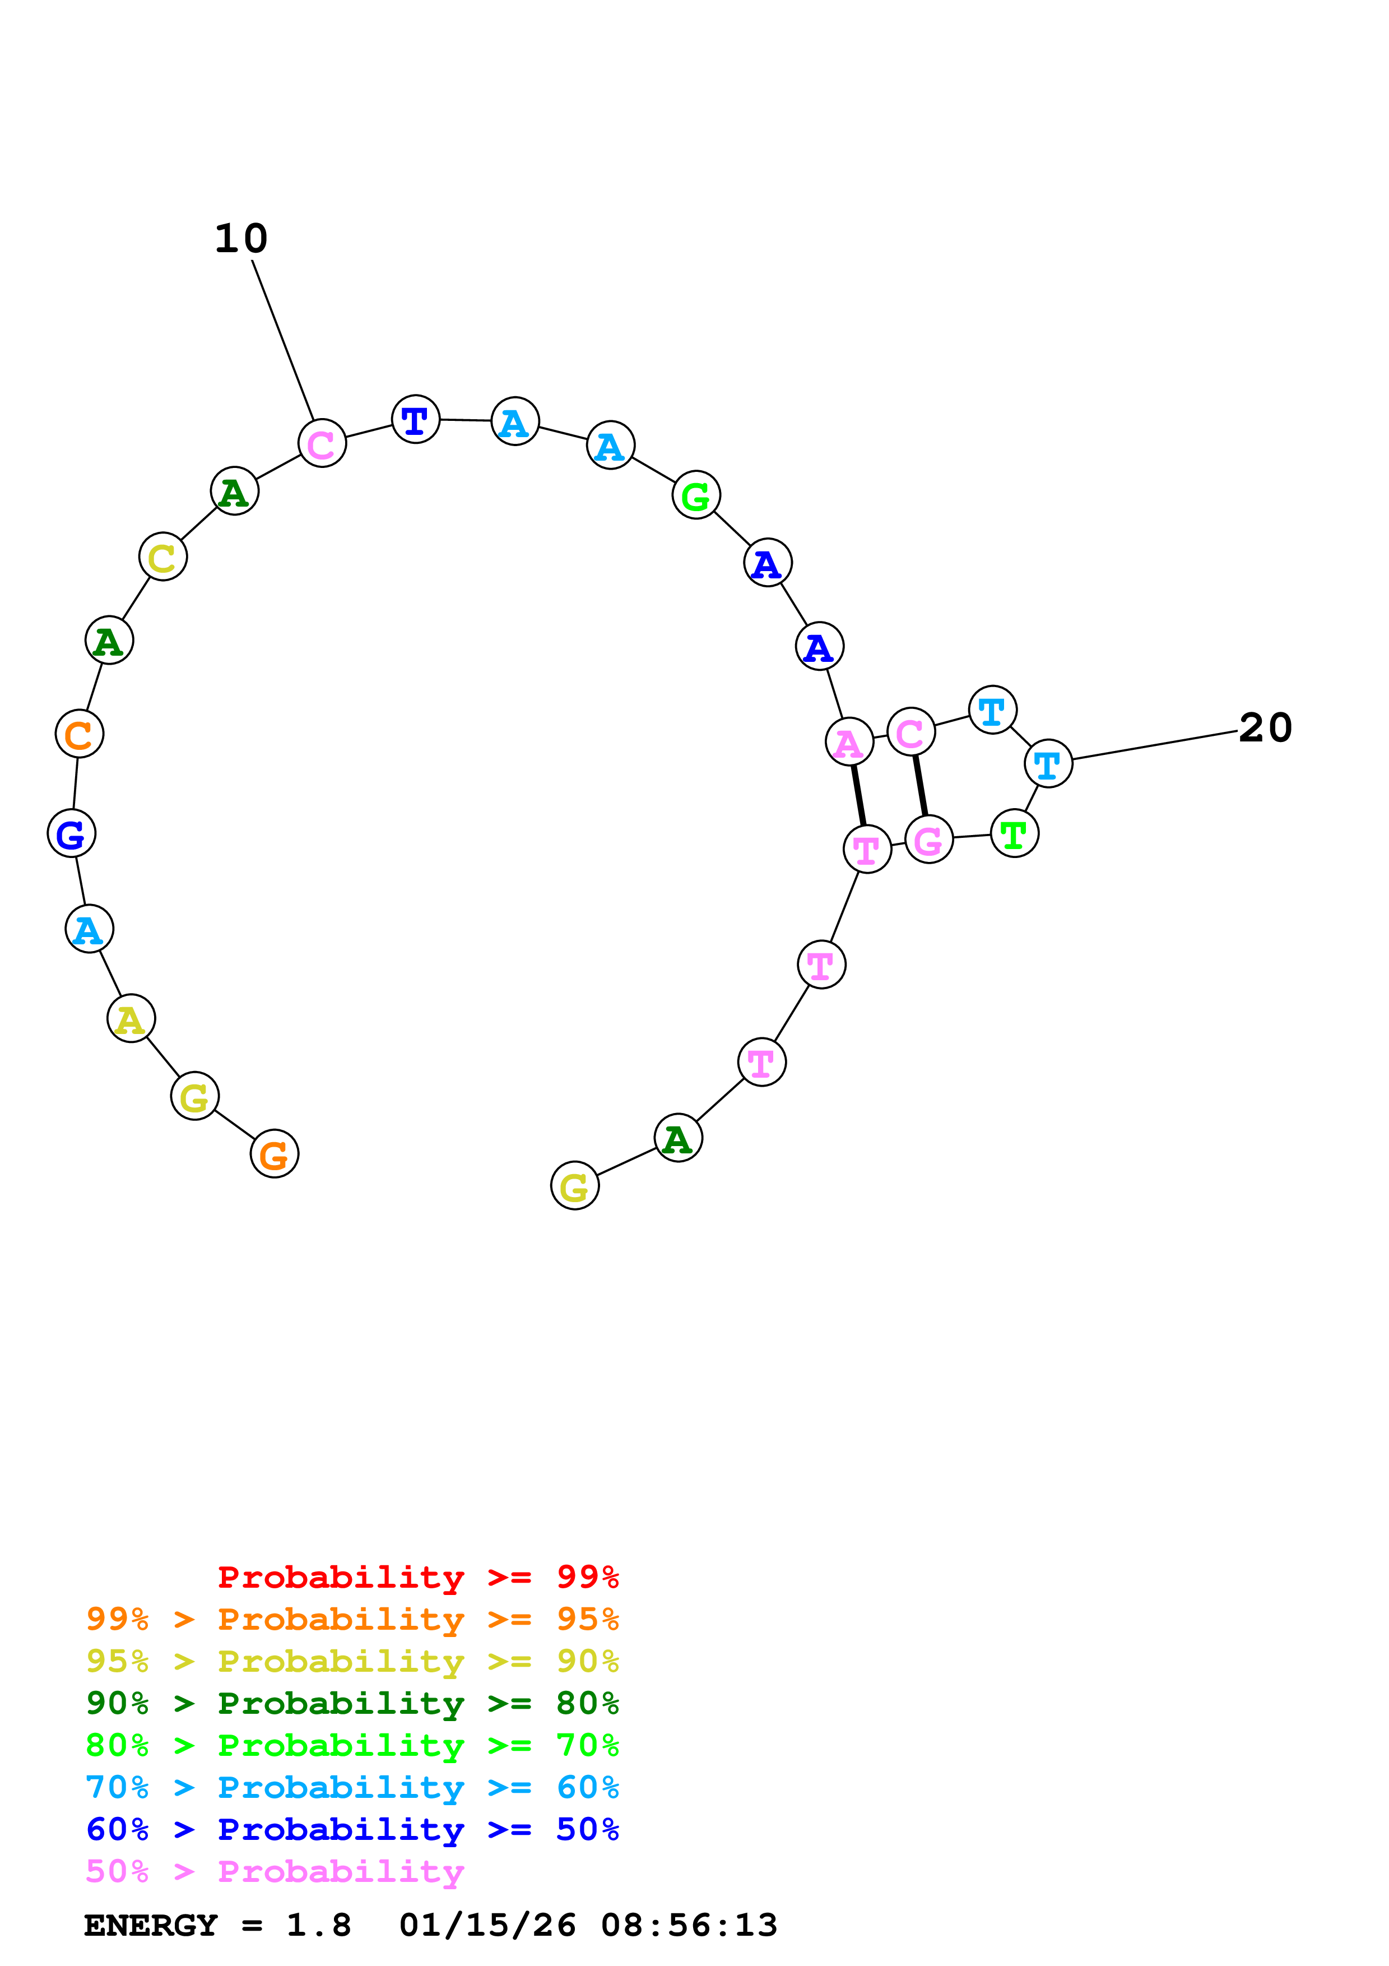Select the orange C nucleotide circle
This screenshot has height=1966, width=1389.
point(80,734)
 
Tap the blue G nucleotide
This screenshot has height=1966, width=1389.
point(71,833)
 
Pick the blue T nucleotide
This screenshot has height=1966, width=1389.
point(415,420)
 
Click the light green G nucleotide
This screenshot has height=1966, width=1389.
point(696,495)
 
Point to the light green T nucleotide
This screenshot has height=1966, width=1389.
point(1014,833)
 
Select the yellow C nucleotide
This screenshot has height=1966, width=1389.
point(162,557)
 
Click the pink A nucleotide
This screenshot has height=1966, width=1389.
point(849,741)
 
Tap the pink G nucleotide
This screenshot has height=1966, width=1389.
point(928,840)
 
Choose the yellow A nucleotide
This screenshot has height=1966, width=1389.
point(131,1019)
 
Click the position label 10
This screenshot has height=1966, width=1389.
point(241,238)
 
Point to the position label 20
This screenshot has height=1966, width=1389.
point(1265,728)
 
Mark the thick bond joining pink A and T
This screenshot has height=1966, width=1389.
point(858,795)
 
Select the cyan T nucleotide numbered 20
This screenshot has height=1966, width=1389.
point(1048,763)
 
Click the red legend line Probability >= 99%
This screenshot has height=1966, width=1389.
point(417,1576)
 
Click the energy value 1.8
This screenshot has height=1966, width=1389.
point(318,1925)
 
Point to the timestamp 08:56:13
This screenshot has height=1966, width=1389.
point(689,1925)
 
